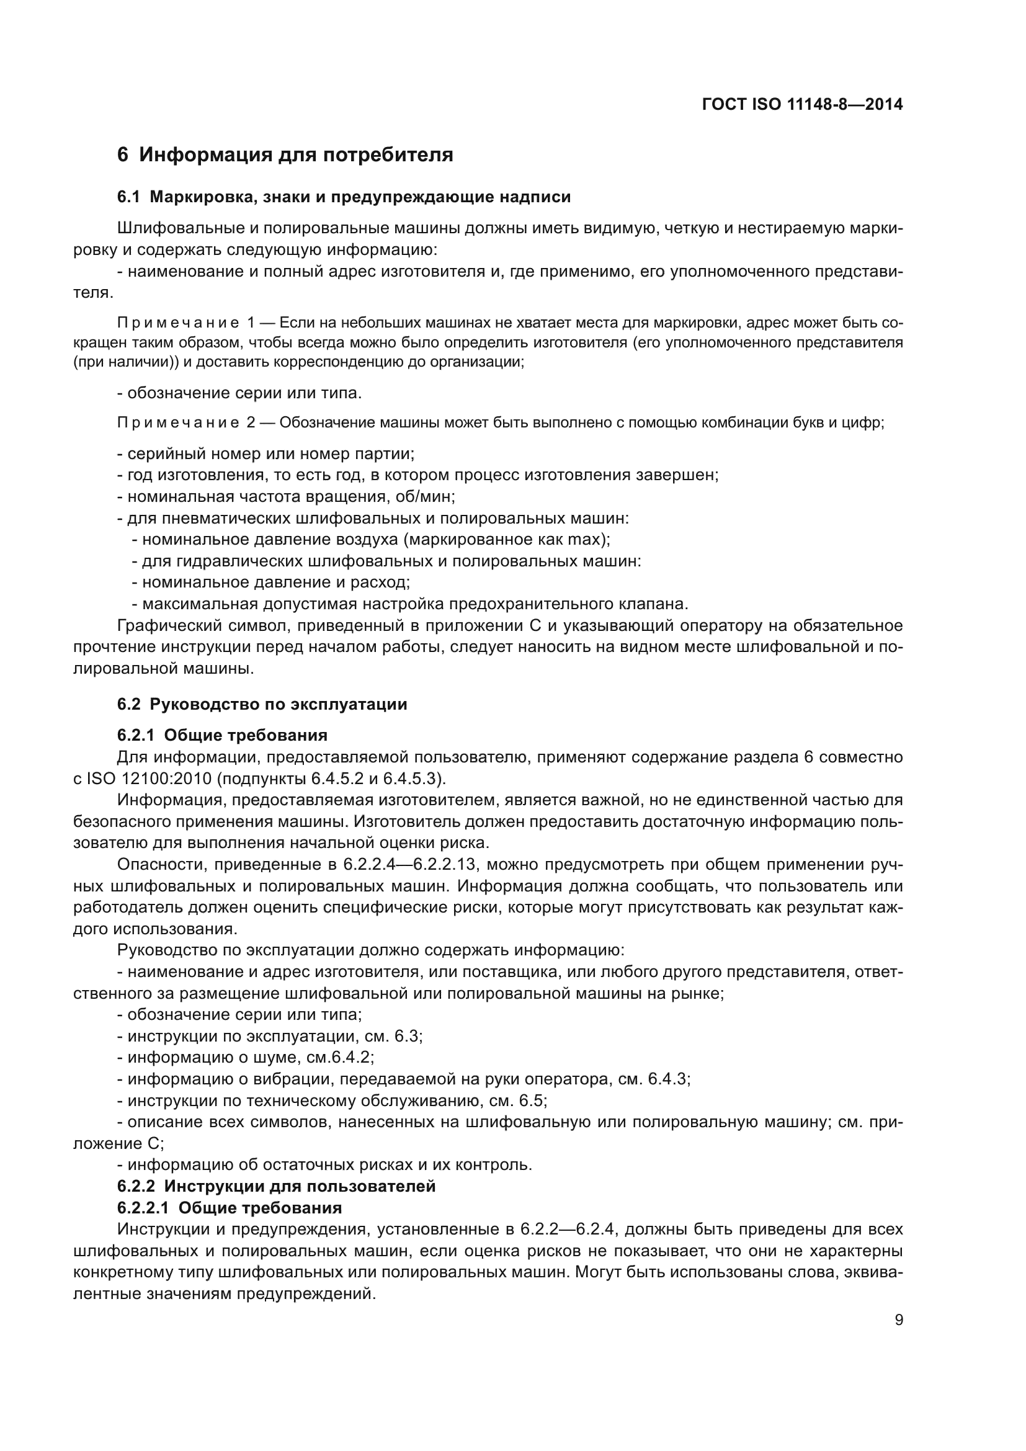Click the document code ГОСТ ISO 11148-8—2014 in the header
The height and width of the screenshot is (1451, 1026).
pos(801,104)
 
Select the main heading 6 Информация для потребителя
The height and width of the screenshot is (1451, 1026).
pos(285,155)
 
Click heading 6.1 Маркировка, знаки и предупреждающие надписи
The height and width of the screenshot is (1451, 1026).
pos(344,197)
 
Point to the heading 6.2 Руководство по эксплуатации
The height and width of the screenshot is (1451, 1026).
pos(262,704)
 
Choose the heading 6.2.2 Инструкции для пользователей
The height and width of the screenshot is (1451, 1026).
pos(276,1186)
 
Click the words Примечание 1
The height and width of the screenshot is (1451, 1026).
pos(185,323)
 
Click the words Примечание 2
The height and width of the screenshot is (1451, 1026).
pos(185,423)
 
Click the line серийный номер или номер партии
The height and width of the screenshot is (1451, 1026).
pos(266,453)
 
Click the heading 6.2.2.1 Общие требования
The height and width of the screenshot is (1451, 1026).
pos(230,1208)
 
